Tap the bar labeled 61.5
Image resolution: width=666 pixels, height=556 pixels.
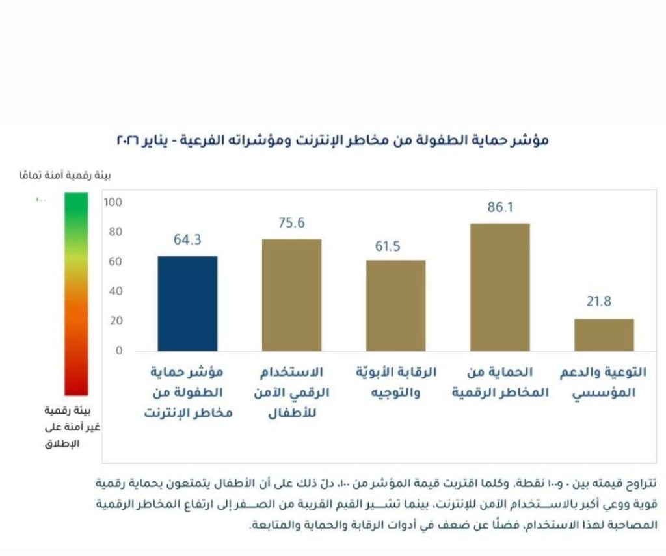pyautogui.click(x=395, y=306)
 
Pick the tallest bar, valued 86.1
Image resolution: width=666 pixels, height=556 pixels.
pyautogui.click(x=499, y=287)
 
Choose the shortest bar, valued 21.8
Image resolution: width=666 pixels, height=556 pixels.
pyautogui.click(x=604, y=335)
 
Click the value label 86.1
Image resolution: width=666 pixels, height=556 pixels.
pyautogui.click(x=500, y=207)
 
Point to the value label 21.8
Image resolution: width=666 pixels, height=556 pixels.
pyautogui.click(x=604, y=302)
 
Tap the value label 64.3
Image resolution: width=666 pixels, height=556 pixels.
pyautogui.click(x=187, y=240)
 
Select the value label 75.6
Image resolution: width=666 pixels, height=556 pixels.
pyautogui.click(x=291, y=223)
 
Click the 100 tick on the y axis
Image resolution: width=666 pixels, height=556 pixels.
pyautogui.click(x=113, y=202)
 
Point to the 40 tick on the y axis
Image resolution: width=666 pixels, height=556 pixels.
pyautogui.click(x=115, y=291)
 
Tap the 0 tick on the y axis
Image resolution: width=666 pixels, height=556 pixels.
pyautogui.click(x=118, y=351)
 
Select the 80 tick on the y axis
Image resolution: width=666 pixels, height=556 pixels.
pyautogui.click(x=115, y=232)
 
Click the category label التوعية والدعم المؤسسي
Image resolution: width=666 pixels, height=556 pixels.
pyautogui.click(x=604, y=383)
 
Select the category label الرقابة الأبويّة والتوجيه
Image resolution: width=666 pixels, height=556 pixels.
pyautogui.click(x=395, y=383)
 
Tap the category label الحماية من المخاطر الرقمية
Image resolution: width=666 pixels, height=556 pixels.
pyautogui.click(x=499, y=383)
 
